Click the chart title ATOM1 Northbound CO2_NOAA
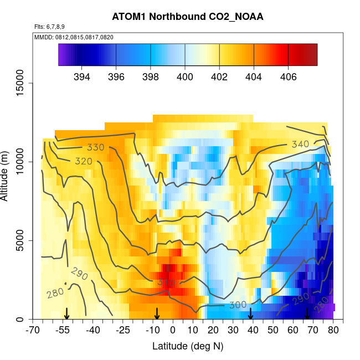click(x=187, y=17)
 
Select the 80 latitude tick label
click(x=333, y=331)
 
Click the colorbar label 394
click(x=82, y=76)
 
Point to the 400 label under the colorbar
click(x=185, y=76)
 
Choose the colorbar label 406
click(x=287, y=76)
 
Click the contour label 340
click(x=300, y=144)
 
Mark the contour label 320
click(x=84, y=161)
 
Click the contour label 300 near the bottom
click(x=237, y=305)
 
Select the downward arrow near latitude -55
click(x=66, y=313)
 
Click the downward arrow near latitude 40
click(x=250, y=313)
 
